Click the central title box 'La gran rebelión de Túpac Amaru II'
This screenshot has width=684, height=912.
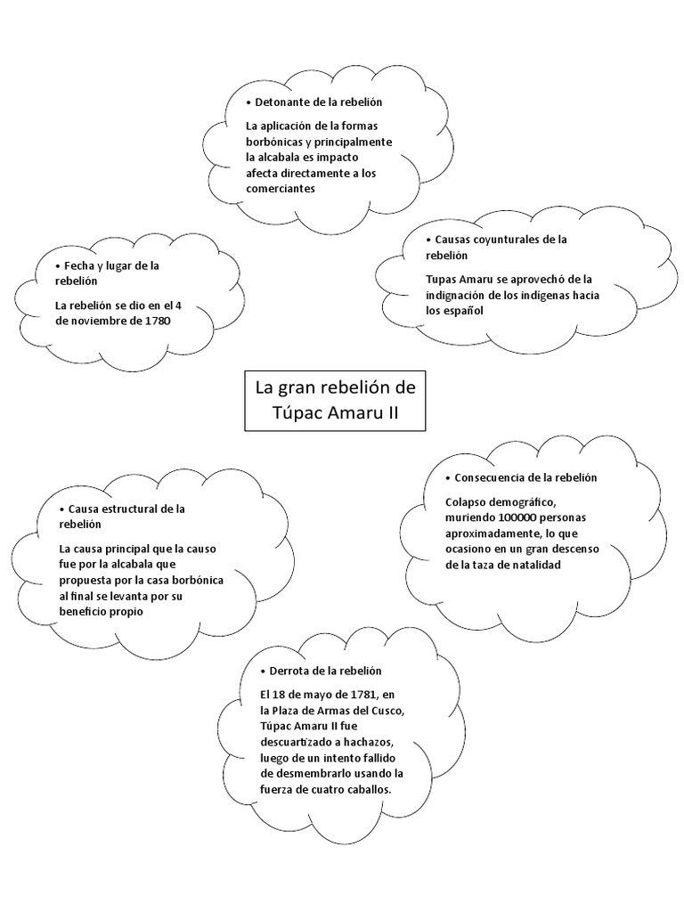click(335, 401)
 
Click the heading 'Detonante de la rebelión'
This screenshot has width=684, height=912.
click(319, 103)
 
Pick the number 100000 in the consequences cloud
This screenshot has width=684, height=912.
click(520, 517)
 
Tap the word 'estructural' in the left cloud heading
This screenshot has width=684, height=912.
click(131, 509)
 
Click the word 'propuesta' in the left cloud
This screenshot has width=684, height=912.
click(85, 580)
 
